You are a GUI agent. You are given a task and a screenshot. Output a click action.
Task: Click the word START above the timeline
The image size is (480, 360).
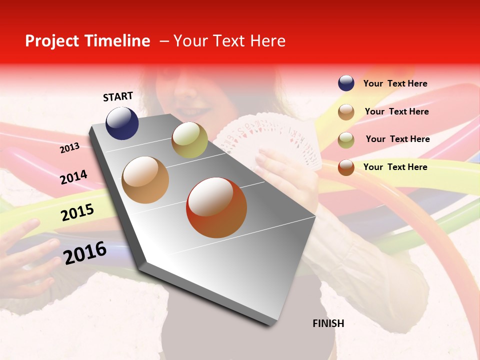pos(118,96)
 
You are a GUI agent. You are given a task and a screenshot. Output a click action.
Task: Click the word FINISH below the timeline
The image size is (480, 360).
pos(328,323)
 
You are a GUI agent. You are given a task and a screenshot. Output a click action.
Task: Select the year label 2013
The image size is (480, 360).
pos(70,148)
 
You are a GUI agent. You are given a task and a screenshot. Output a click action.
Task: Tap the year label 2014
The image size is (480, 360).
pos(73,177)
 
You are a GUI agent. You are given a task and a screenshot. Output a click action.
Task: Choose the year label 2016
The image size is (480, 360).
pos(85,252)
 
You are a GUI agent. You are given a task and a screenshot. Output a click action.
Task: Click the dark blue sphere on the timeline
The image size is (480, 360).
pos(122,123)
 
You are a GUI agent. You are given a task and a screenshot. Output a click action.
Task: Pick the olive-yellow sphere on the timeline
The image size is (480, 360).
pos(189,140)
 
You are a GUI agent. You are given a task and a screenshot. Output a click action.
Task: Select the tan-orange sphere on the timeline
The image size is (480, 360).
pos(145,180)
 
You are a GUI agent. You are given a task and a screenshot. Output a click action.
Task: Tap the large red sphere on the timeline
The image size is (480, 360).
pos(216,207)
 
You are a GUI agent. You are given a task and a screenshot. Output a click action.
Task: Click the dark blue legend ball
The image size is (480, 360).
pos(346,83)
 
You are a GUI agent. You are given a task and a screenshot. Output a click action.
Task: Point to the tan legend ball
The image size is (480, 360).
pos(346,112)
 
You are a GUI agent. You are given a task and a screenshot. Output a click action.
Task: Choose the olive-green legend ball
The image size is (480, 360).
pos(346,140)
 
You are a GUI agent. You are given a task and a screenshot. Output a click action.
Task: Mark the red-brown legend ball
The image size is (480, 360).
pos(346,167)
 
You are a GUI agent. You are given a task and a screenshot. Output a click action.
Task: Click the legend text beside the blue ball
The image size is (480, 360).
pos(395,84)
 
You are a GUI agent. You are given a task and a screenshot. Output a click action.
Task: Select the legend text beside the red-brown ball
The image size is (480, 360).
pos(395,167)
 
